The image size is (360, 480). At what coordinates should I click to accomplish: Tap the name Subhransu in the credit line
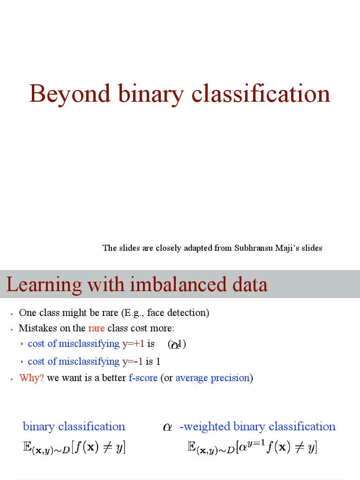point(254,248)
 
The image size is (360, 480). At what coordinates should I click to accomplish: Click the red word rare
point(96,328)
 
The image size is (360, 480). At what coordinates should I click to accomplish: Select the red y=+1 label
point(133,344)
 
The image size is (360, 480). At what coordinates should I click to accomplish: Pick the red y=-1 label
point(132,361)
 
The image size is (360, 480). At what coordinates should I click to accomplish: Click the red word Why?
point(31,378)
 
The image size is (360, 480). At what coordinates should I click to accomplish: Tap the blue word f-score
point(143,378)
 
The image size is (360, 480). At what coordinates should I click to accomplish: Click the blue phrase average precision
point(212,378)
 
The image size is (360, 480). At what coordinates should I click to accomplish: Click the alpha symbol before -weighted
point(167,427)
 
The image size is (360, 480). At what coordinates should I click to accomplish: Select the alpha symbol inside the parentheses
point(175,345)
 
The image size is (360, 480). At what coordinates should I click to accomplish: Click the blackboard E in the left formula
point(27,447)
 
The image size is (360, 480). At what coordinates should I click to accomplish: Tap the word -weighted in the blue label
point(205,427)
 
